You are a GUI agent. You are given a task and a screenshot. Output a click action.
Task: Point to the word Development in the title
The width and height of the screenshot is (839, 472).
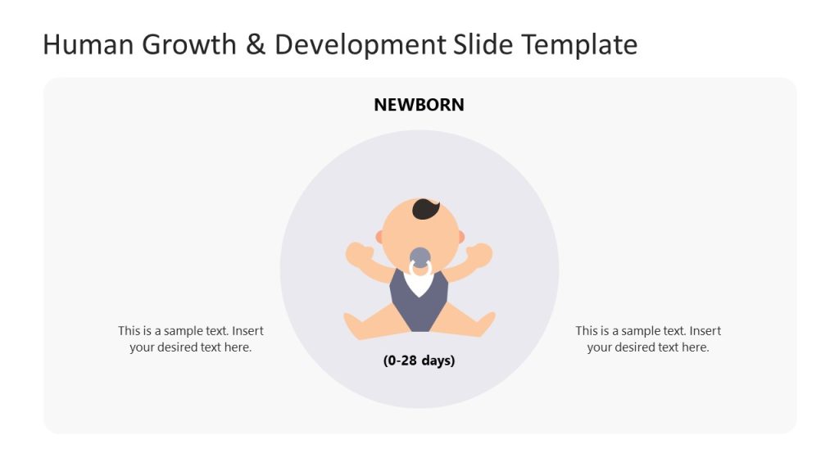tap(360, 46)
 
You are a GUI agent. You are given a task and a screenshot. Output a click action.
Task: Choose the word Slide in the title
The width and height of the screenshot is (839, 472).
tap(483, 44)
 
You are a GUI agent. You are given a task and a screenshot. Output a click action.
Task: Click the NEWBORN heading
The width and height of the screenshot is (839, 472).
tap(419, 105)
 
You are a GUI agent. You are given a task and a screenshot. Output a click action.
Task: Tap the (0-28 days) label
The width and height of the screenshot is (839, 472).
tap(419, 361)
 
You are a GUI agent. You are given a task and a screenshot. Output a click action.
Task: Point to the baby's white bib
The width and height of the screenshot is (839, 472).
tap(419, 284)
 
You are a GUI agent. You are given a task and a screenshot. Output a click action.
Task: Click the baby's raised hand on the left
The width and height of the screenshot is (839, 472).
tap(357, 253)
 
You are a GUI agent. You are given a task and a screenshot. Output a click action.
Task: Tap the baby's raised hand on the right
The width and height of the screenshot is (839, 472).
tap(480, 254)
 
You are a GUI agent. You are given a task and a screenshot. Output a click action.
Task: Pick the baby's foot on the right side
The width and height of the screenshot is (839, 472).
tap(485, 324)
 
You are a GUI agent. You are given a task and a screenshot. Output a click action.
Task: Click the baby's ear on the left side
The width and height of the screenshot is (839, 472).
tap(379, 237)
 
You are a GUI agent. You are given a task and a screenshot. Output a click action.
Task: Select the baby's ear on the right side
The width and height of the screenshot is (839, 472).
tap(460, 237)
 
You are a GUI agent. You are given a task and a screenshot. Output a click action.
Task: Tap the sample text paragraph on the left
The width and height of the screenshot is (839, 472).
tap(191, 339)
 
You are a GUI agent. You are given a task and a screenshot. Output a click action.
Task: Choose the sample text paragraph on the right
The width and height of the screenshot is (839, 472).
tap(648, 339)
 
